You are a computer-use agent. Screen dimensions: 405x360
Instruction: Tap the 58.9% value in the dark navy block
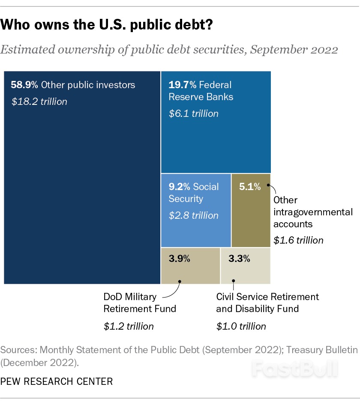(x=24, y=85)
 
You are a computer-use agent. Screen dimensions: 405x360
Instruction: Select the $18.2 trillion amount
(x=39, y=102)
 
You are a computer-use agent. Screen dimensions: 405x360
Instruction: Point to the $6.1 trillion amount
(x=193, y=113)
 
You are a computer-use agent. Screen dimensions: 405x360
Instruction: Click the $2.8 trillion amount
(x=193, y=215)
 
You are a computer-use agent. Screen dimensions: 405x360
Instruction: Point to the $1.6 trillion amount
(x=299, y=240)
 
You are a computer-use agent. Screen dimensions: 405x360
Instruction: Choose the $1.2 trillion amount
(x=129, y=326)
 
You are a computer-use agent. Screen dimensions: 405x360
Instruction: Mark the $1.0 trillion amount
(x=241, y=326)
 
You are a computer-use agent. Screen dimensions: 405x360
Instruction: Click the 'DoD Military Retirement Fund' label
(x=140, y=303)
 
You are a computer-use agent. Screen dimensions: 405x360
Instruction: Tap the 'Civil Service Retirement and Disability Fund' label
(x=267, y=303)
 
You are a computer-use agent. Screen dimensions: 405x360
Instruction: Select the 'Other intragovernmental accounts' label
(x=313, y=212)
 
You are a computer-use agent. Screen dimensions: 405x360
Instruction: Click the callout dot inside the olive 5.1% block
(x=268, y=185)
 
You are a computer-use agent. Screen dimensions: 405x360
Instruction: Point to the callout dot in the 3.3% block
(x=234, y=281)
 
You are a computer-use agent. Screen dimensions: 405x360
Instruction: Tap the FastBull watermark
(x=294, y=368)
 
